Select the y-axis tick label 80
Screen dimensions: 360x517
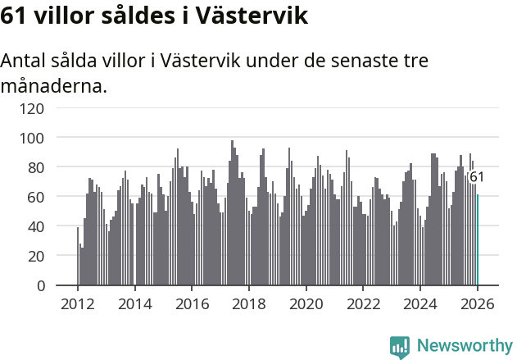(x=34, y=167)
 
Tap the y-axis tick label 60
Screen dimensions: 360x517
(x=34, y=197)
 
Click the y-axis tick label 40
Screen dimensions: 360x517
(x=34, y=226)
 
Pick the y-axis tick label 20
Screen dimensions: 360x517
(x=34, y=256)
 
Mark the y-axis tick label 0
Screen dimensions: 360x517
(x=38, y=285)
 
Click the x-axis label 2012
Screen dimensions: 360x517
(x=78, y=303)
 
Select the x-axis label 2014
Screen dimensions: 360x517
(x=135, y=303)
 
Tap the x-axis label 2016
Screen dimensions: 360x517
(x=192, y=303)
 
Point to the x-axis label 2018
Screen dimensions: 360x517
(x=249, y=303)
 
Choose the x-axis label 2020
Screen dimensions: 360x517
(x=306, y=303)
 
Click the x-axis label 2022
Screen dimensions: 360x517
(x=363, y=303)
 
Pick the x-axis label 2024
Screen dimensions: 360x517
(x=420, y=303)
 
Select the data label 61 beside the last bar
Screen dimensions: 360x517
(x=477, y=177)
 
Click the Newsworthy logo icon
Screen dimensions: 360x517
(x=400, y=347)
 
